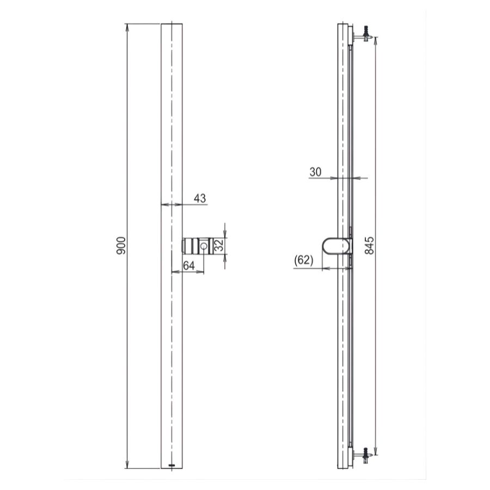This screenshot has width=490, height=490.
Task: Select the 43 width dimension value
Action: [x=200, y=198]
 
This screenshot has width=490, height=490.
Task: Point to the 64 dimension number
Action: [x=188, y=265]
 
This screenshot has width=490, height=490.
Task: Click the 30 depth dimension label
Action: [x=315, y=171]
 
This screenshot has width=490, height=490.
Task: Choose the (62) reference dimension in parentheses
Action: [x=303, y=260]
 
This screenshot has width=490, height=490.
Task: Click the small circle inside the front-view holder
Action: [x=204, y=246]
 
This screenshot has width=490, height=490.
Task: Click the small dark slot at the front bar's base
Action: [x=172, y=465]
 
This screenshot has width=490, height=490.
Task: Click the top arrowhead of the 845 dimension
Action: [x=376, y=38]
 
